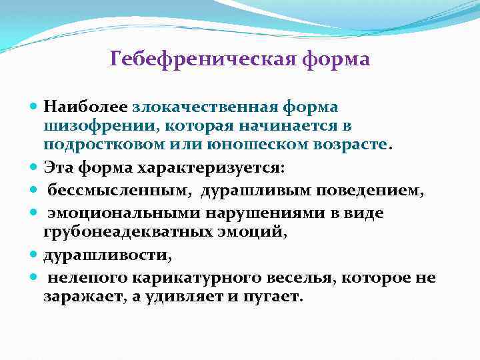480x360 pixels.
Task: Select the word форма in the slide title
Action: [336, 60]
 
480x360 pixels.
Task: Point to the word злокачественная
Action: [205, 107]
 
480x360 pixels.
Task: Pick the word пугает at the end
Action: [273, 295]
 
